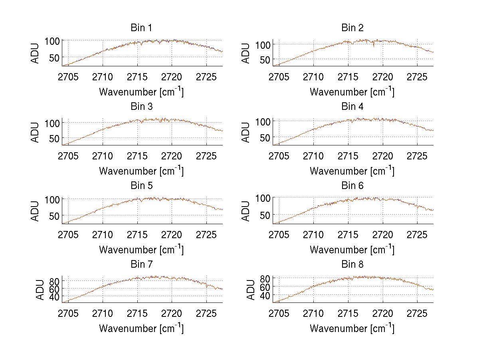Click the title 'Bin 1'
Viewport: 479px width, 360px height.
tap(141, 28)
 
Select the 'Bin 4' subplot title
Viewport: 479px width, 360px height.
tap(352, 107)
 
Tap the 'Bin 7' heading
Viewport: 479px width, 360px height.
tap(141, 265)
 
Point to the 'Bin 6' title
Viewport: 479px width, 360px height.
tap(352, 186)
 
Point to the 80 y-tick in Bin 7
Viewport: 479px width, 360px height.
tap(54, 280)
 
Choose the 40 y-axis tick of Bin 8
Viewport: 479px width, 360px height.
tap(265, 295)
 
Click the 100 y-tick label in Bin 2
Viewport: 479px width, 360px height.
tap(262, 44)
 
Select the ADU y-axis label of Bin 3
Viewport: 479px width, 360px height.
tap(36, 132)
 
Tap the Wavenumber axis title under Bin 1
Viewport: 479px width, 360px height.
tap(141, 91)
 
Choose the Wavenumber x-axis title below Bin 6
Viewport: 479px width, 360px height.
tap(352, 249)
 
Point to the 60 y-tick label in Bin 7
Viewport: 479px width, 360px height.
tap(54, 288)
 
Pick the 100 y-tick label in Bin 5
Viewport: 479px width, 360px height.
tap(51, 199)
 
